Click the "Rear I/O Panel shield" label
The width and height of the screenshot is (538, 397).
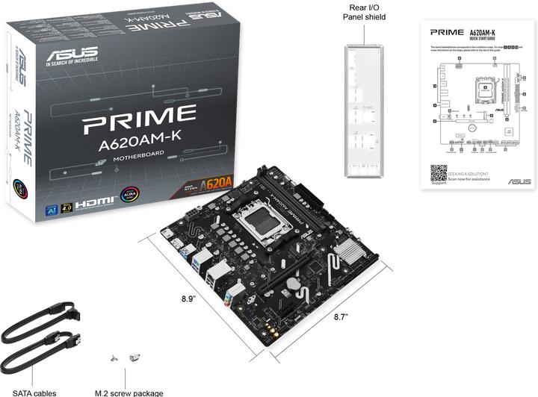[x=364, y=12]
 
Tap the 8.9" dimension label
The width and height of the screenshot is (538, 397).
[x=189, y=298]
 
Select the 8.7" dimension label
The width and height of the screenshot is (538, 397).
[x=341, y=316]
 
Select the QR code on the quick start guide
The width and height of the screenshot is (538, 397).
[x=439, y=173]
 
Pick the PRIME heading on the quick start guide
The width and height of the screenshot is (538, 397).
[x=447, y=32]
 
